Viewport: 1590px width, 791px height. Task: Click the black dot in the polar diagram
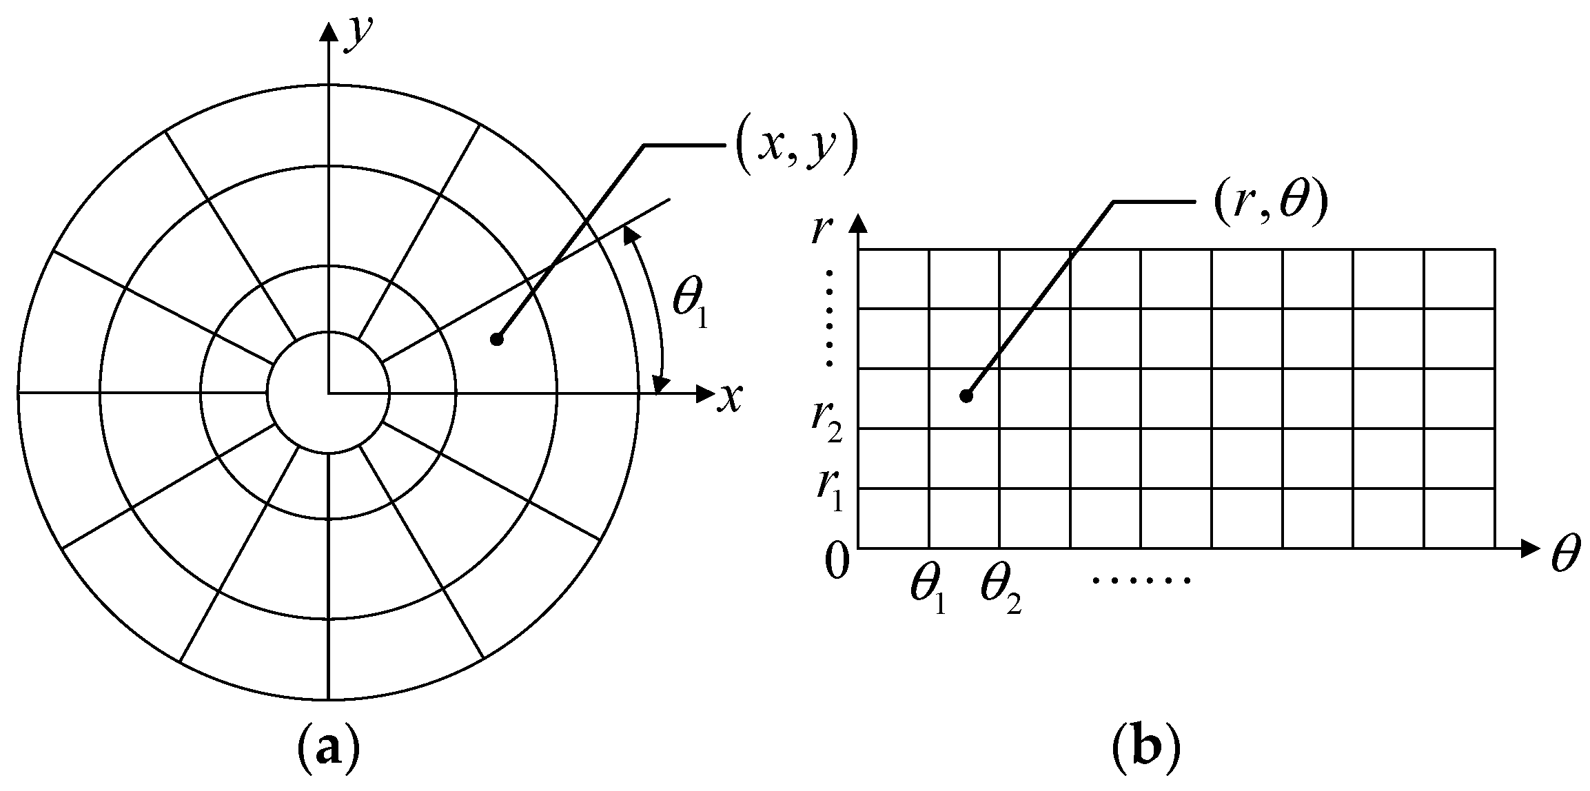click(x=496, y=338)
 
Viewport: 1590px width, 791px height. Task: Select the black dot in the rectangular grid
click(x=966, y=395)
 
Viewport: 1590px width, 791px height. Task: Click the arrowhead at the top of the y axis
click(x=329, y=32)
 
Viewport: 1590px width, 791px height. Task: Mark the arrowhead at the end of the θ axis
click(x=1528, y=548)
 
